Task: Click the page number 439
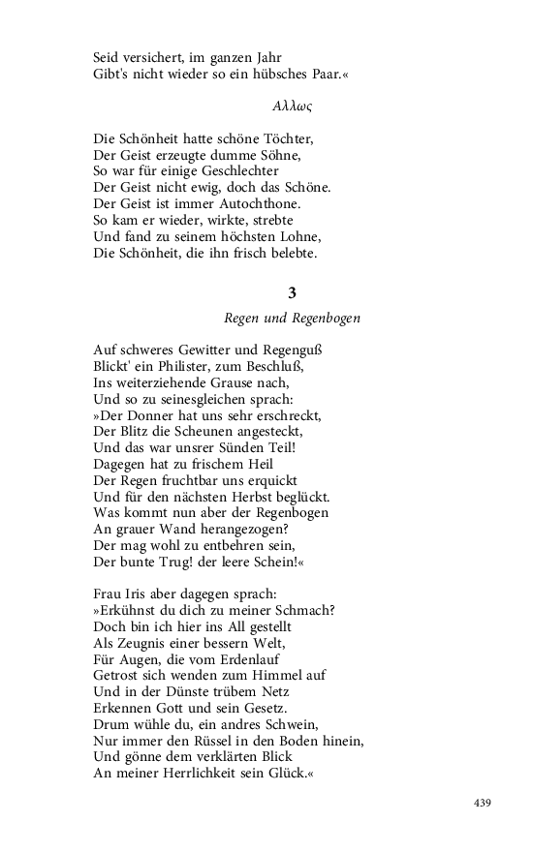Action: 484,803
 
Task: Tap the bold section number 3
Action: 292,292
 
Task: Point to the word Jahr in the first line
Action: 274,56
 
